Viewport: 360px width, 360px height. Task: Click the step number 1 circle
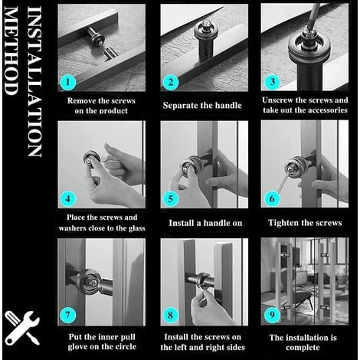pyautogui.click(x=67, y=80)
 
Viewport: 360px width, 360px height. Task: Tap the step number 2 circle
pyautogui.click(x=169, y=80)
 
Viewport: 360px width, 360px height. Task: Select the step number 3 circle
pyautogui.click(x=270, y=80)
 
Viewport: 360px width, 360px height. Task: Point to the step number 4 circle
pyautogui.click(x=67, y=198)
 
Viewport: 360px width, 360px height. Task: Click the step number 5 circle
pyautogui.click(x=169, y=198)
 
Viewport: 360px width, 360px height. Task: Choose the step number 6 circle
pyautogui.click(x=270, y=198)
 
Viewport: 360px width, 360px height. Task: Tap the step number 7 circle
pyautogui.click(x=67, y=314)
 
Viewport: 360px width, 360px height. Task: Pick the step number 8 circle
pyautogui.click(x=169, y=314)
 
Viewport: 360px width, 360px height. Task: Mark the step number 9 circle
pyautogui.click(x=270, y=314)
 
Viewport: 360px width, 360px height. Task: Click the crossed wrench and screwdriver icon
pyautogui.click(x=21, y=327)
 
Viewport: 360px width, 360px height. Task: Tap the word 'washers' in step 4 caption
pyautogui.click(x=76, y=228)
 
